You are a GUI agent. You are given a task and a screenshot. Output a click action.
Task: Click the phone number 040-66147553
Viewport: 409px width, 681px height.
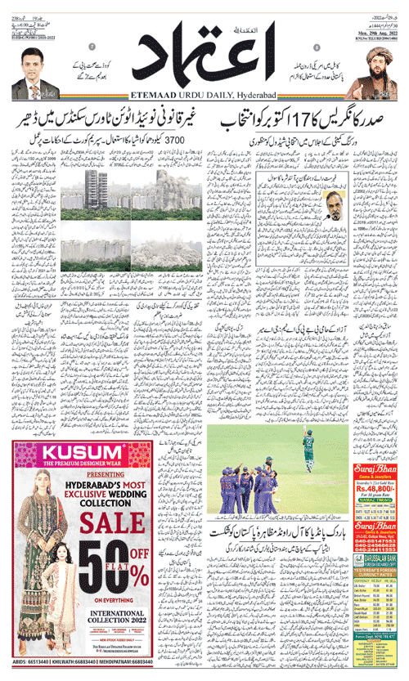(x=380, y=540)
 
